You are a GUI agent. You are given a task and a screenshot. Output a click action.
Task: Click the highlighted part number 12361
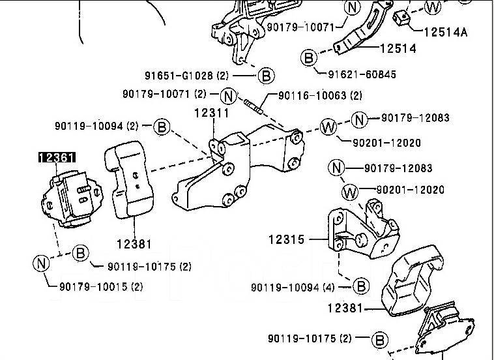(57, 157)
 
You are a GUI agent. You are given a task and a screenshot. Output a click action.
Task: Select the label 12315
(286, 240)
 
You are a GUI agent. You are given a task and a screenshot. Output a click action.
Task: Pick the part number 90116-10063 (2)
(320, 95)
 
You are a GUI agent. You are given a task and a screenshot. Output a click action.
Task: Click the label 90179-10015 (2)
(101, 286)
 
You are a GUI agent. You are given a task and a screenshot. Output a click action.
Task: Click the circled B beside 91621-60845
(308, 58)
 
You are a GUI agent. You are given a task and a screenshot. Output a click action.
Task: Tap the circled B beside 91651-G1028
(265, 75)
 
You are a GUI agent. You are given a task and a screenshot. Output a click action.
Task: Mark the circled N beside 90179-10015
(41, 263)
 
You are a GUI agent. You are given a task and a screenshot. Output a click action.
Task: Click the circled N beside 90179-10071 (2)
(228, 95)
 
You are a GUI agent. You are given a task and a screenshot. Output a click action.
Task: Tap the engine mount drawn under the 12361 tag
(69, 198)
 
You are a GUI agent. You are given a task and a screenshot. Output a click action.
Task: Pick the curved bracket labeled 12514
(365, 29)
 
